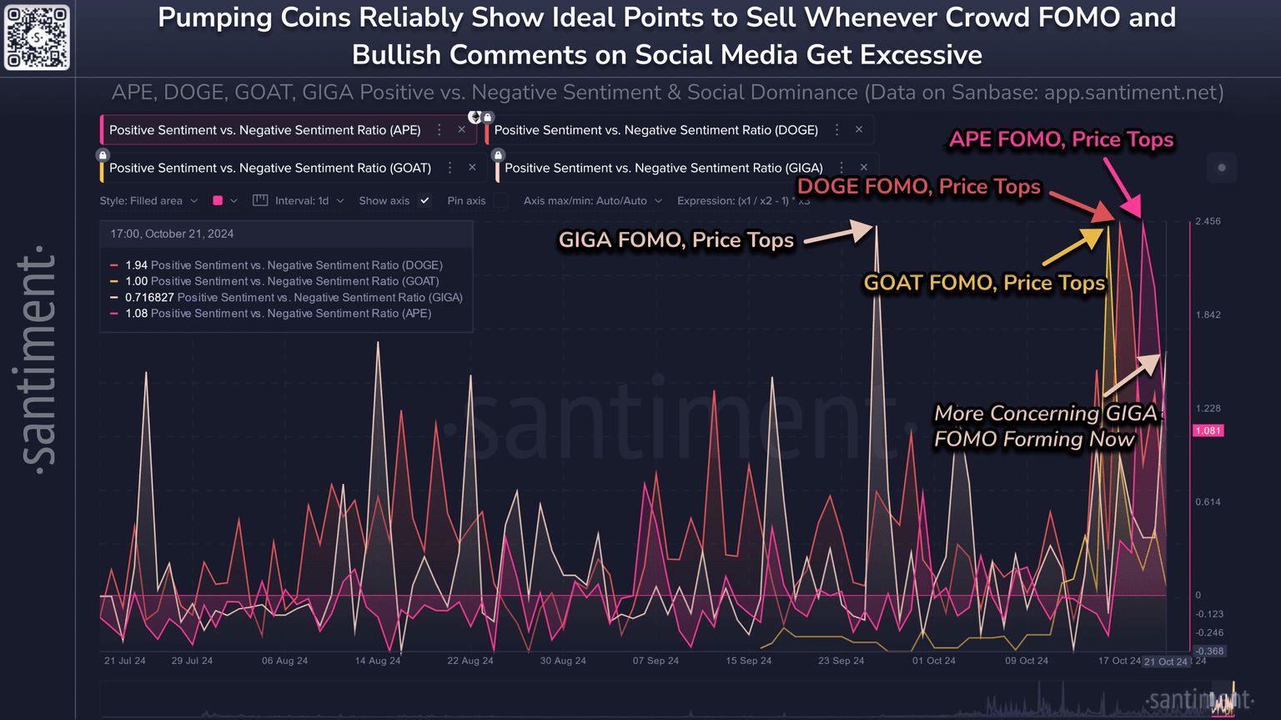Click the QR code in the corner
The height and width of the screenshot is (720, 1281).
click(37, 38)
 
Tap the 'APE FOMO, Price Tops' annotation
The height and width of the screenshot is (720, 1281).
click(1061, 139)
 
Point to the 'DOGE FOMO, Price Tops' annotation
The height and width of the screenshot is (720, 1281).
click(919, 186)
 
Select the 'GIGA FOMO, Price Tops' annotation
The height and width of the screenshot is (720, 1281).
click(676, 240)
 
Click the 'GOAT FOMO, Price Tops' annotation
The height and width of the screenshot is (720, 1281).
click(984, 283)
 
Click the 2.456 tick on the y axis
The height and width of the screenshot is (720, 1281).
click(1208, 222)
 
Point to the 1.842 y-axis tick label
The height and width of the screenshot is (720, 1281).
click(1208, 315)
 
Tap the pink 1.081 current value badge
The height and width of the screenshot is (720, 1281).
click(1208, 430)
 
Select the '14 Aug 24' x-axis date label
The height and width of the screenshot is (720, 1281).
click(378, 661)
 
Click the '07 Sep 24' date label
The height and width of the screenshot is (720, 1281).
click(656, 661)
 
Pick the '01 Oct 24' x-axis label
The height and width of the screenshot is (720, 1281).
click(934, 661)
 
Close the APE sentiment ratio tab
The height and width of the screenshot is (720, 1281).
click(462, 130)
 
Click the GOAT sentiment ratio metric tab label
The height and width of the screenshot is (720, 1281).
click(270, 169)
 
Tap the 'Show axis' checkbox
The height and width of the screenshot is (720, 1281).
click(425, 201)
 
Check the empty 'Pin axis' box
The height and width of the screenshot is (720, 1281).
click(500, 201)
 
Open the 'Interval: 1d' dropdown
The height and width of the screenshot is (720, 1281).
click(301, 201)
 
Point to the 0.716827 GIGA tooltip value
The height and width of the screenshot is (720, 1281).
click(149, 298)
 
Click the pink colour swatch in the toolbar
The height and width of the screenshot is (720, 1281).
click(218, 201)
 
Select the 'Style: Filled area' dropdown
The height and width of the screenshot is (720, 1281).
click(148, 201)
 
